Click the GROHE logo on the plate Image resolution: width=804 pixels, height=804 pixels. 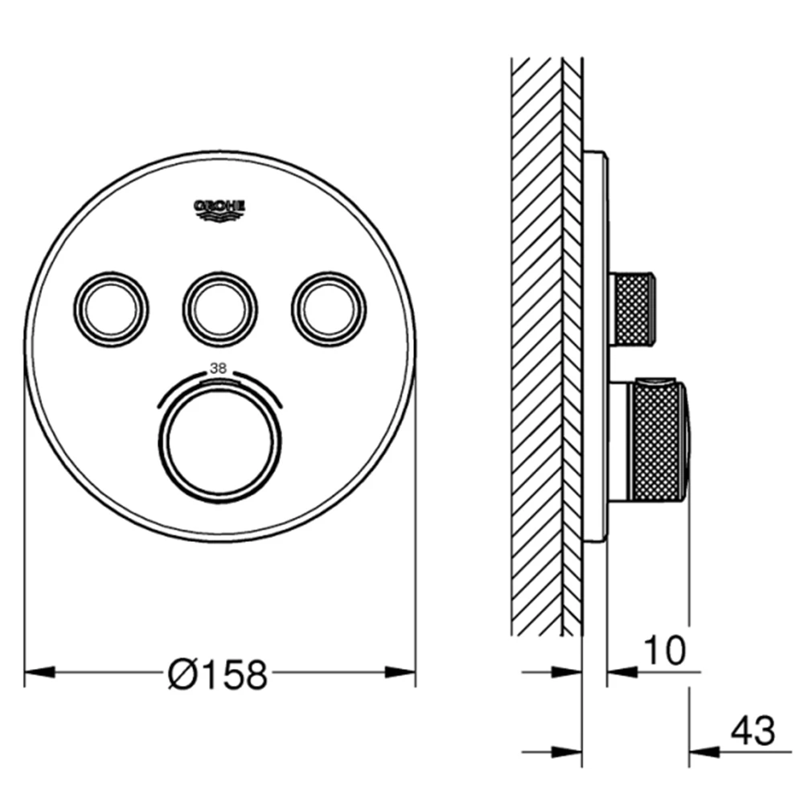point(219,210)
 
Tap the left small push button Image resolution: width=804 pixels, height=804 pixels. point(111,310)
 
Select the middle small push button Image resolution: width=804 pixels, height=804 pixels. point(220,310)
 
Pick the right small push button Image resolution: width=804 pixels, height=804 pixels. point(329,310)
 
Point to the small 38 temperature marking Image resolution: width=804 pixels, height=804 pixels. point(218,368)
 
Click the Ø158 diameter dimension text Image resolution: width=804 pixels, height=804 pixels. point(218,674)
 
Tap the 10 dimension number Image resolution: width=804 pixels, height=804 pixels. point(665,650)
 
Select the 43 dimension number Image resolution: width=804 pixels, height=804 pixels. point(753,731)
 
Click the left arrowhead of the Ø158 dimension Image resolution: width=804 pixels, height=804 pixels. point(40,671)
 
